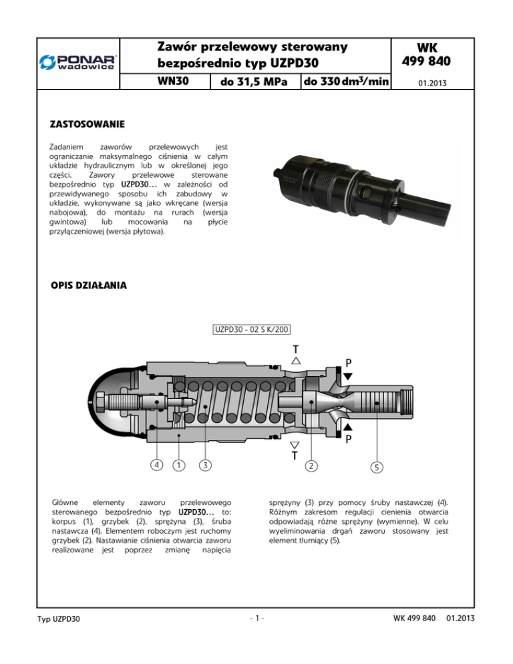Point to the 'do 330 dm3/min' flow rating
pyautogui.click(x=345, y=82)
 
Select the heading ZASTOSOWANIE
pyautogui.click(x=87, y=124)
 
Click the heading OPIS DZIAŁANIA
pyautogui.click(x=90, y=286)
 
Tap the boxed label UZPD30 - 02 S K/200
pyautogui.click(x=251, y=329)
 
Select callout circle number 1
pyautogui.click(x=178, y=464)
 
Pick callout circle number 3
pyautogui.click(x=206, y=464)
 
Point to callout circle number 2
pyautogui.click(x=311, y=465)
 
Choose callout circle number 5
pyautogui.click(x=377, y=468)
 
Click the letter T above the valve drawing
pyautogui.click(x=295, y=348)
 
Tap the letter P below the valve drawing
pyautogui.click(x=348, y=440)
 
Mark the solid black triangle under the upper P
pyautogui.click(x=348, y=376)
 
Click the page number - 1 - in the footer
pyautogui.click(x=256, y=635)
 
